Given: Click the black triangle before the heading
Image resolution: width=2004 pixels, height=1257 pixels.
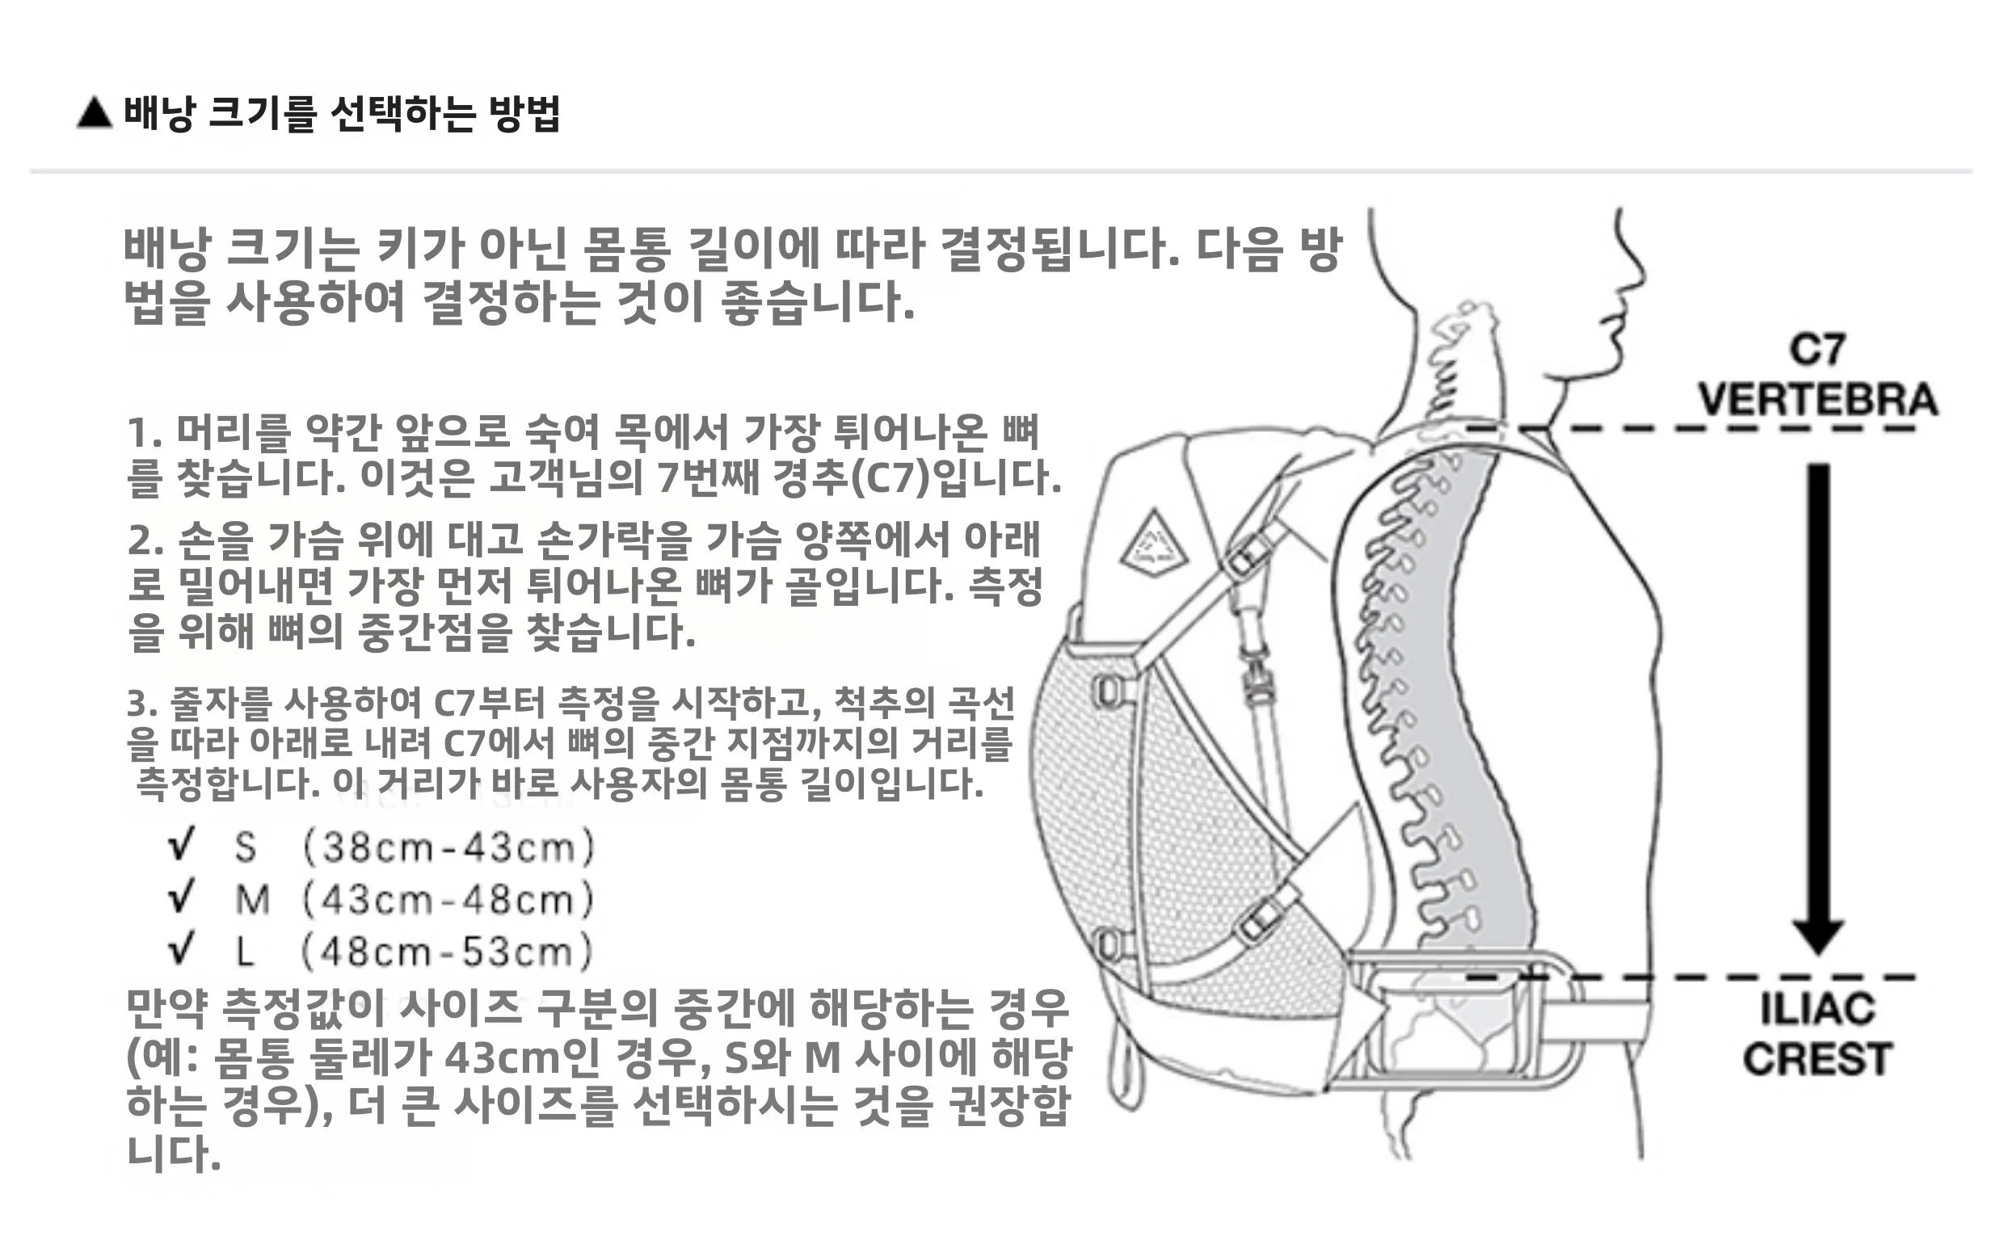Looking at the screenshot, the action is [94, 113].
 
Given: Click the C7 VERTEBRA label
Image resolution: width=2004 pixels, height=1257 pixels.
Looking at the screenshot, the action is [1817, 376].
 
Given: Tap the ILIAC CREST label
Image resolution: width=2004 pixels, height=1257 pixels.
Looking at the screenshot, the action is [1817, 1034].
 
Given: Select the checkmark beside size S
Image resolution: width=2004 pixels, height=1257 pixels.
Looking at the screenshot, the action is [181, 846].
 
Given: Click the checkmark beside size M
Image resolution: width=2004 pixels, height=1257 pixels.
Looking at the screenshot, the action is [181, 897].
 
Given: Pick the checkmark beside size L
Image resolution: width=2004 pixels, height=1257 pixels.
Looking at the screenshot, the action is [181, 948].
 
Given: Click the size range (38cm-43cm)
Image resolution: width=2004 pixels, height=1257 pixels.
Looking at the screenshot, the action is [449, 847].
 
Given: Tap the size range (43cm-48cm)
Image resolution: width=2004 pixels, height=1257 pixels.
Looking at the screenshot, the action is [449, 899].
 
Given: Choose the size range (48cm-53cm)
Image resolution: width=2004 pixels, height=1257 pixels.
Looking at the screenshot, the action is [447, 951].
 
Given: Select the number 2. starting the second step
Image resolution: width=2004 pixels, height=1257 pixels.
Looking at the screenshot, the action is [145, 541].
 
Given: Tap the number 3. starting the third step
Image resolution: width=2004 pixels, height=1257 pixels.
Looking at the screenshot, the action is [141, 704].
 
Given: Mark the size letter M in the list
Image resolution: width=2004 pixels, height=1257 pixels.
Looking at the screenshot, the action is [253, 899].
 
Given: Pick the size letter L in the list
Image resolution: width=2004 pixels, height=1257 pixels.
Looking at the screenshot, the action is [245, 951].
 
